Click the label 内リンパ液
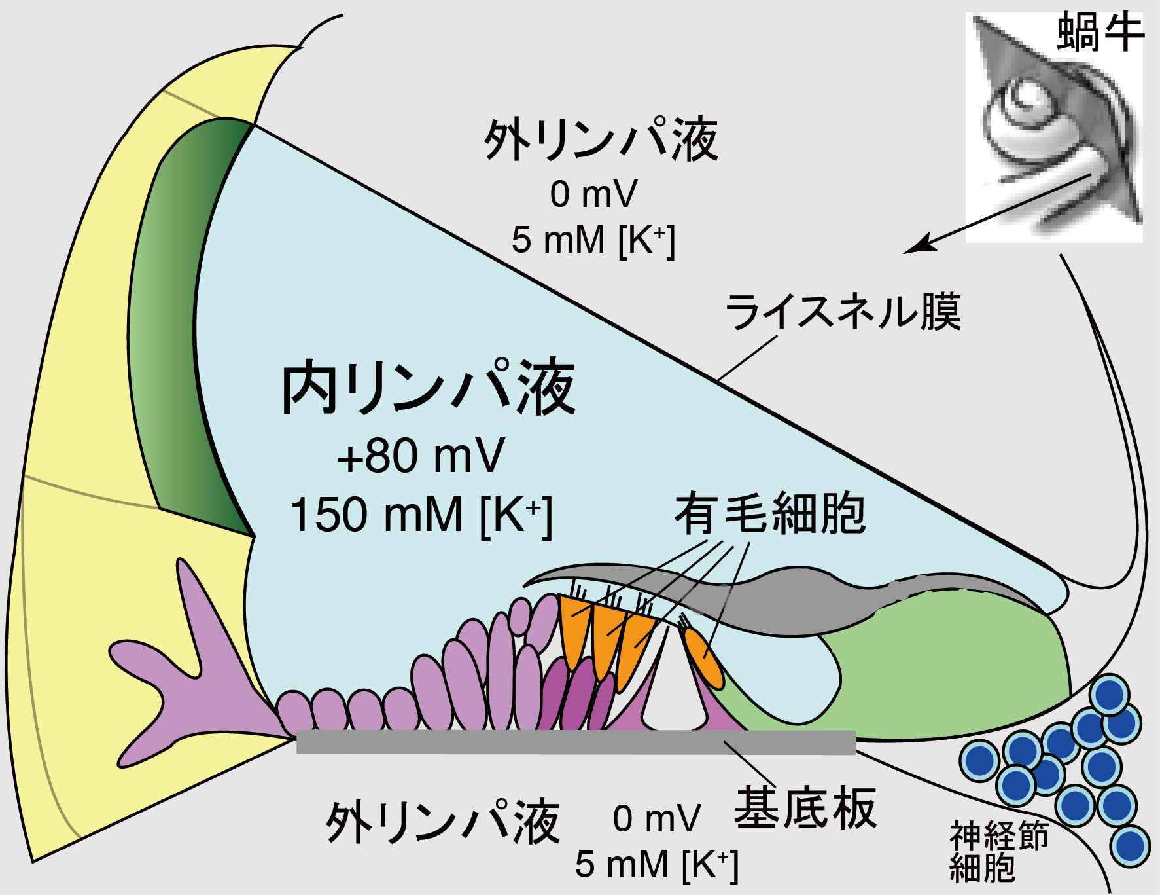429,388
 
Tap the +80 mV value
421,456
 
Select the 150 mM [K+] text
421,515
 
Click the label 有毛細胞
770,515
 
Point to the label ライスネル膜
843,312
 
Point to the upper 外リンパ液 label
601,140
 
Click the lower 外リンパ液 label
443,821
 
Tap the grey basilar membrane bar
576,742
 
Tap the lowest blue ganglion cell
1131,846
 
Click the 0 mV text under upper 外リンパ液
593,194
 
